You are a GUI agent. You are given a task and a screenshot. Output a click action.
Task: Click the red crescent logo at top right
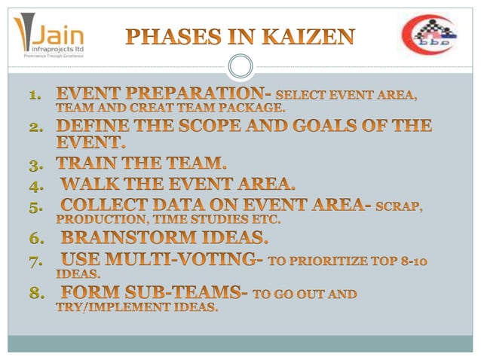[427, 36]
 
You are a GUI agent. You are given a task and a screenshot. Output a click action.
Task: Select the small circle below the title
[240, 68]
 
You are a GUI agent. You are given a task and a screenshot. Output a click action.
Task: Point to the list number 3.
[35, 163]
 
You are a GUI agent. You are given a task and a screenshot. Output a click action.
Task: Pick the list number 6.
[35, 239]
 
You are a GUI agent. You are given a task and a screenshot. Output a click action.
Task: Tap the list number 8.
[35, 293]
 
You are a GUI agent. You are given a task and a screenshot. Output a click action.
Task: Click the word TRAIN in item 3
[94, 163]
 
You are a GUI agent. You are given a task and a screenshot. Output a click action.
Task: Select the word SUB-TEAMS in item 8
[186, 293]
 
